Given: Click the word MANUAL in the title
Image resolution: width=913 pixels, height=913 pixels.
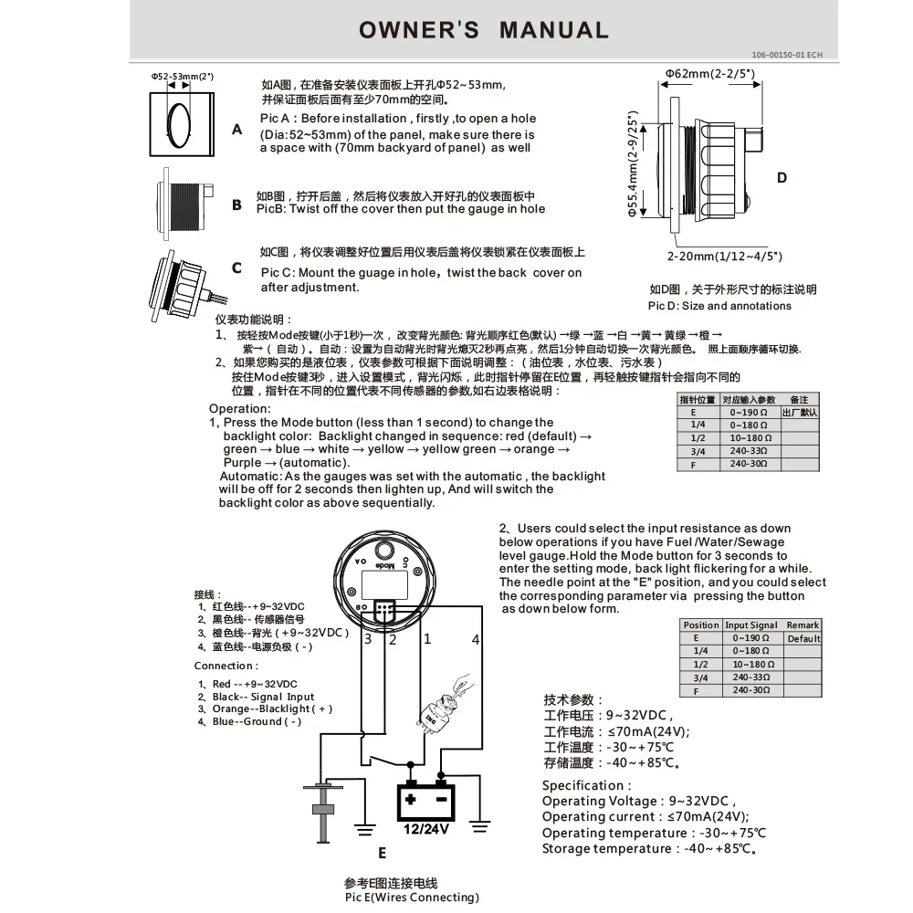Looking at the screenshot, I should pos(553,30).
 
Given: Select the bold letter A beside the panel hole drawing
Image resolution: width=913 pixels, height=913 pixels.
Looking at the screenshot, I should pos(237,130).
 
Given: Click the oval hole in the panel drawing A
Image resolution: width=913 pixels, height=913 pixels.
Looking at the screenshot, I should pos(180,121).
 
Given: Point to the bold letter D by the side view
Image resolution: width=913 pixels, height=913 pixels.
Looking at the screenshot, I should pos(782,177).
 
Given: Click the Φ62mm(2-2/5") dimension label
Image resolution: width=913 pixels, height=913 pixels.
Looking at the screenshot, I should pos(709,72).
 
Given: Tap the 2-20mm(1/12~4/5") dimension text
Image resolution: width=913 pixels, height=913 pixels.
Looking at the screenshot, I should pos(724,257).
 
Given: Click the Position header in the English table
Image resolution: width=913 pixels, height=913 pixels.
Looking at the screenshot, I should pos(701,625).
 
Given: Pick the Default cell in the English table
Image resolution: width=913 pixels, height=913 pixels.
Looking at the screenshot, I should pos(803,639).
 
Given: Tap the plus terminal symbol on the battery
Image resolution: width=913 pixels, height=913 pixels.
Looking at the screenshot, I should pos(411,799).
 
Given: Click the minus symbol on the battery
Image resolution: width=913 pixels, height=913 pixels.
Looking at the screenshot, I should pos(441,799).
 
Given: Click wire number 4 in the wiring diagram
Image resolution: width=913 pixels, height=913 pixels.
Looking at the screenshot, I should pos(475,640).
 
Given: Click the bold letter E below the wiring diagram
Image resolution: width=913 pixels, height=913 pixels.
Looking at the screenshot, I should pos(382,854).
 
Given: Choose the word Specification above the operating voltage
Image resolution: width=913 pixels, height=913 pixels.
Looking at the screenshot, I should pos(585,785).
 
